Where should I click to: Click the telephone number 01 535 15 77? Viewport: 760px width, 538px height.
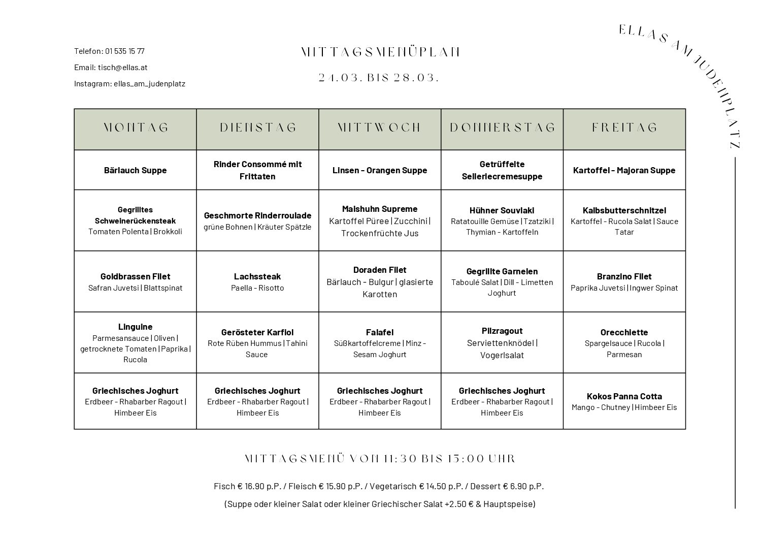click(x=125, y=51)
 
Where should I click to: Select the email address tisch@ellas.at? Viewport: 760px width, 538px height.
click(x=122, y=67)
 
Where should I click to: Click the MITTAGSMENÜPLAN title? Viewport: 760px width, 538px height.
click(x=380, y=52)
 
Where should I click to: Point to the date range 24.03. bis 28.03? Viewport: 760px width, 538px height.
click(x=379, y=78)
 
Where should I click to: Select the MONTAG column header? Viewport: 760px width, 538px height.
click(x=136, y=128)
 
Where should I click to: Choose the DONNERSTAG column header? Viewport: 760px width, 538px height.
click(x=502, y=128)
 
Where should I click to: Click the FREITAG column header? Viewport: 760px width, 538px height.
click(x=624, y=128)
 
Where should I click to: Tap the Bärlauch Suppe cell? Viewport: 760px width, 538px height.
click(x=136, y=170)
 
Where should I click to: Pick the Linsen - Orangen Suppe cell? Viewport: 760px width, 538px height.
click(x=380, y=170)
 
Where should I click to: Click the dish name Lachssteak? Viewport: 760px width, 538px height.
click(x=257, y=276)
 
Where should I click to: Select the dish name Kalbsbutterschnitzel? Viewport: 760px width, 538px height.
click(x=624, y=210)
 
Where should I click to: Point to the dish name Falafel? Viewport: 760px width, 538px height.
click(x=380, y=332)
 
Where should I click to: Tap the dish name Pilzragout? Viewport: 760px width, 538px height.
click(x=502, y=331)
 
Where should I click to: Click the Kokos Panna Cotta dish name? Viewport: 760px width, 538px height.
click(x=624, y=396)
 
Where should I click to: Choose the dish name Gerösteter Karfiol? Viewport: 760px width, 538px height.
click(x=257, y=332)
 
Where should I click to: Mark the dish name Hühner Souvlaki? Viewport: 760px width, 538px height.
click(x=502, y=210)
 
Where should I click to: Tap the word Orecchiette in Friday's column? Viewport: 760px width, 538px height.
click(x=624, y=332)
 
